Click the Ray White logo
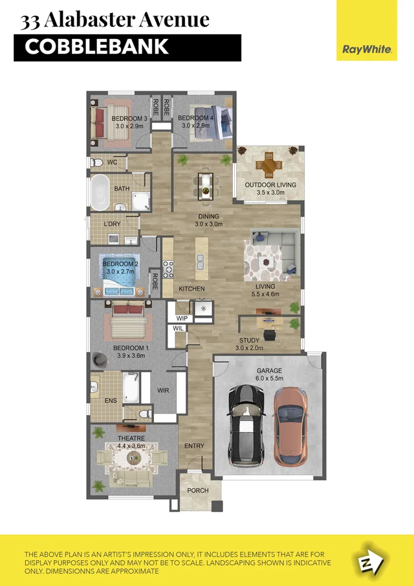tap(367, 30)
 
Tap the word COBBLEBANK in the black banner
tap(97, 47)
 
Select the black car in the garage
tap(245, 423)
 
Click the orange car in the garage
tap(290, 425)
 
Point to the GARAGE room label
tap(269, 371)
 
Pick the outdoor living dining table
tap(268, 165)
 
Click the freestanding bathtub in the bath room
tap(100, 192)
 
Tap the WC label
tap(112, 162)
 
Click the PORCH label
tap(198, 490)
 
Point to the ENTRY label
tap(194, 446)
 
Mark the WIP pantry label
tap(181, 319)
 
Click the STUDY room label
tap(250, 341)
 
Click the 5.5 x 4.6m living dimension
tap(265, 295)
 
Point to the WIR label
tap(163, 391)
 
